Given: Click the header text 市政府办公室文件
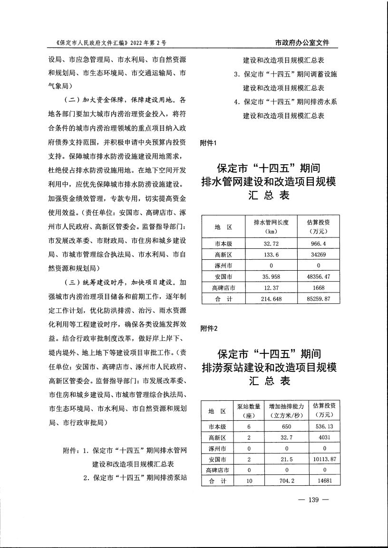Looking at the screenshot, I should coord(302,43).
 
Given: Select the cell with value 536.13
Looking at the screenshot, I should coord(324,426).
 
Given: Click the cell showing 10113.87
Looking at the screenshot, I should coord(324,459).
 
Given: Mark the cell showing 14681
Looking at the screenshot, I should coord(324,481).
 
